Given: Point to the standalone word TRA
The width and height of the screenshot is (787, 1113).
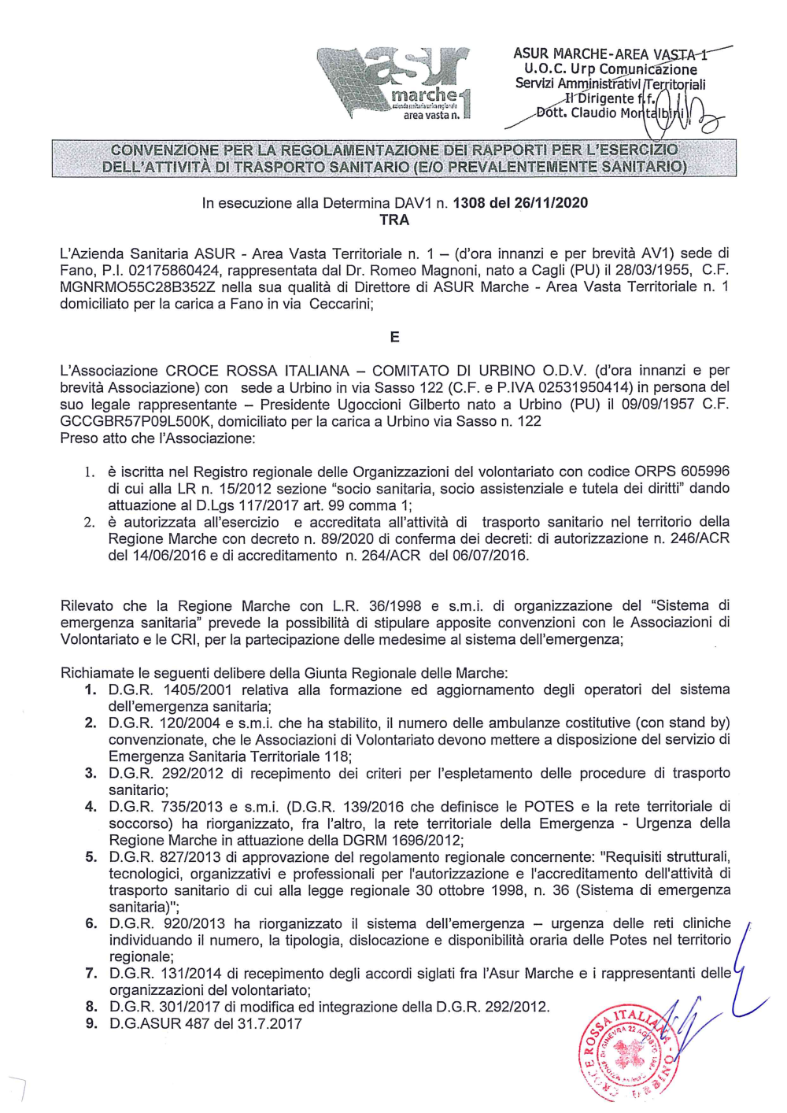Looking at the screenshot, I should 394,220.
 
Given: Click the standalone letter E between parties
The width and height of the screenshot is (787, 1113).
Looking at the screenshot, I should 394,337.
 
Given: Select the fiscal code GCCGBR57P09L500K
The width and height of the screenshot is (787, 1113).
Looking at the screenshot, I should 134,421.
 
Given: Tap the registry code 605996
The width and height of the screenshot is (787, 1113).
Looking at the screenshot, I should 704,471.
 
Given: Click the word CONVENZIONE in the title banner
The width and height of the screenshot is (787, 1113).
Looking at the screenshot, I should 164,150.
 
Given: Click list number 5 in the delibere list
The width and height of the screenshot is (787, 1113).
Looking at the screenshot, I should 91,856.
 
